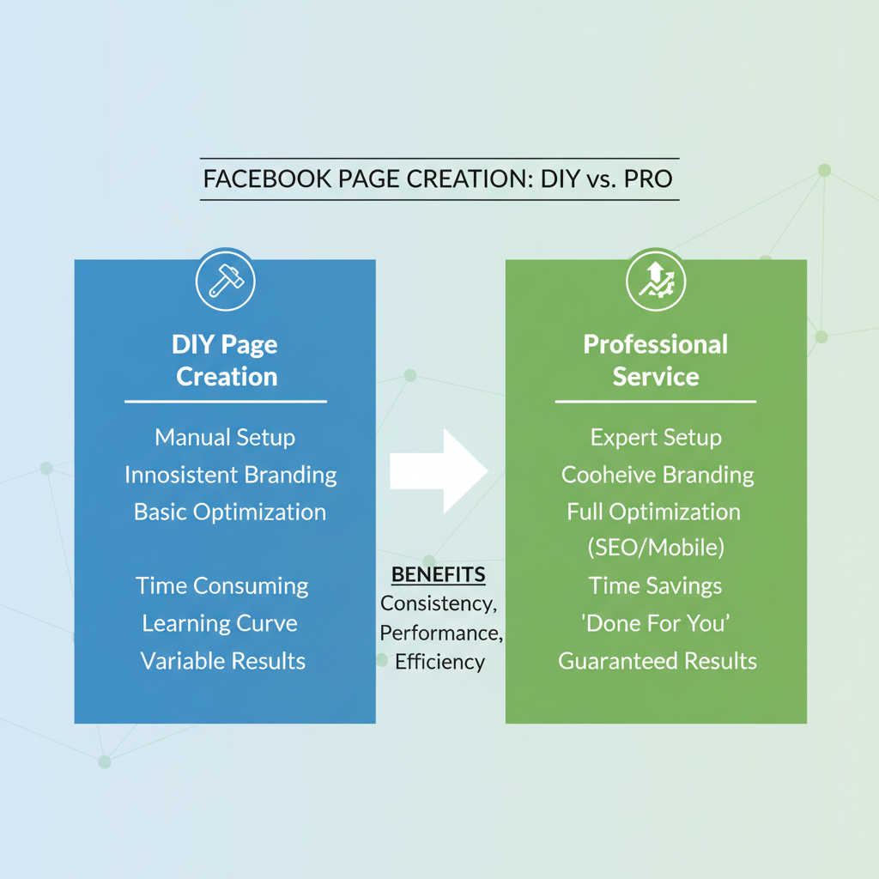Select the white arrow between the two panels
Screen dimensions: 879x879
(439, 470)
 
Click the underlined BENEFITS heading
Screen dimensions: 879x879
(438, 574)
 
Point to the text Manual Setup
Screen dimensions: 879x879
(225, 437)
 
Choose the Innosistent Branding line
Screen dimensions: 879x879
(230, 475)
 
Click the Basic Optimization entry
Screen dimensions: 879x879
(230, 512)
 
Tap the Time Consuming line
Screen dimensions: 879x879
(222, 585)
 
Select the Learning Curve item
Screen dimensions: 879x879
(220, 623)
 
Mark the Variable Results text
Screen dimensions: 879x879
(223, 661)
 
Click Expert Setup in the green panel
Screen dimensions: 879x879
(656, 437)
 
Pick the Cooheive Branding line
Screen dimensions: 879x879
(658, 475)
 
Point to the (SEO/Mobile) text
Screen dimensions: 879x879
(656, 549)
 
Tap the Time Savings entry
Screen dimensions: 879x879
(655, 585)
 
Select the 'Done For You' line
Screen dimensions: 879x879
(656, 623)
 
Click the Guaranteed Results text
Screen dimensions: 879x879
(658, 661)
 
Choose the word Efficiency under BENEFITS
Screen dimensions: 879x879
(440, 662)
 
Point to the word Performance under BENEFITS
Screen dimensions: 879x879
(440, 633)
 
